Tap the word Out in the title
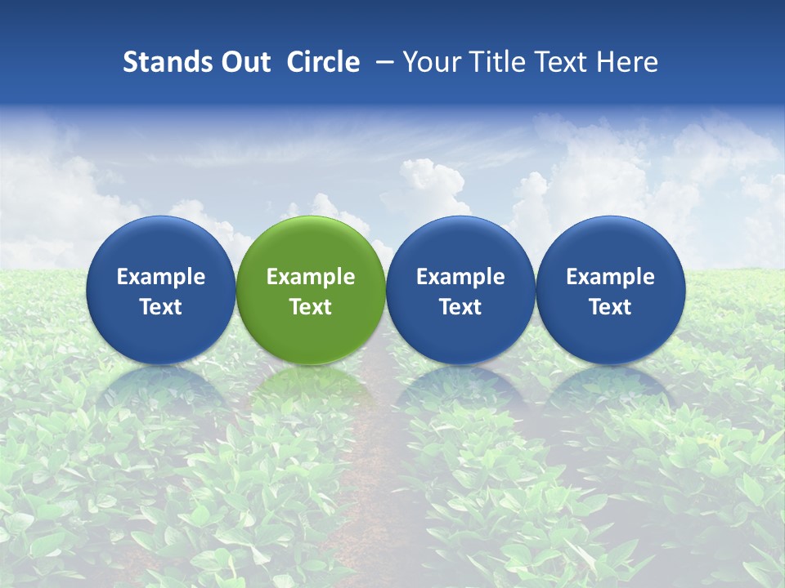coord(244,62)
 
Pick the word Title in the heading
coord(492,62)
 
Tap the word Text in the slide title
coord(559,62)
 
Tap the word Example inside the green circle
coord(311,277)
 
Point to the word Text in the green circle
coord(311,307)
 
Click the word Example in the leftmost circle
coord(160,277)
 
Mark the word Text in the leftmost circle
coord(160,307)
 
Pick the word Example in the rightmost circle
coord(610,277)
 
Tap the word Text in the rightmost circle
coord(610,307)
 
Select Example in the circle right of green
coord(460,277)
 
